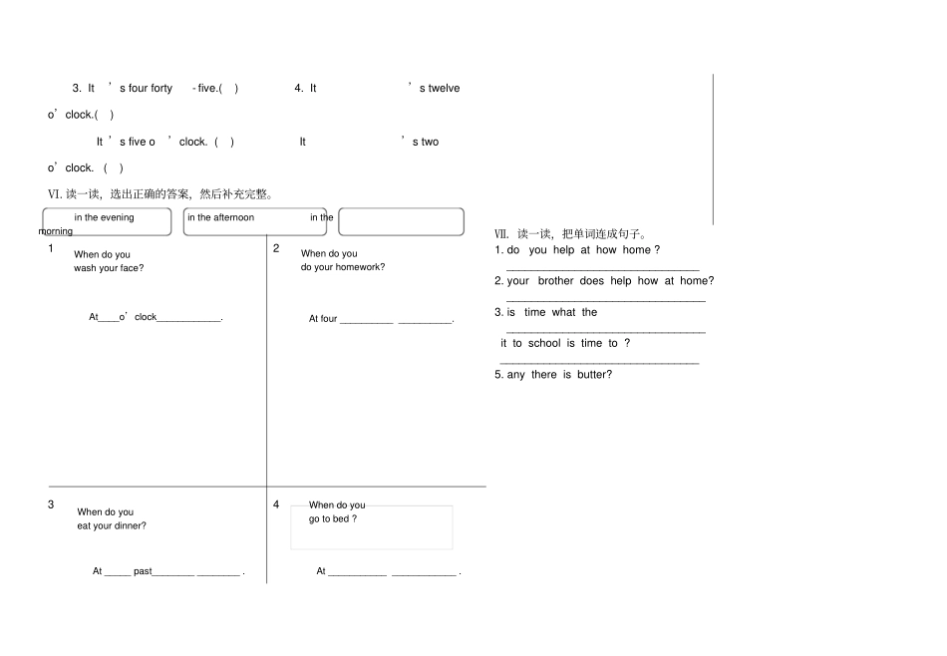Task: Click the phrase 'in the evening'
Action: coord(104,217)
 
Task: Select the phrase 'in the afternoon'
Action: coord(220,217)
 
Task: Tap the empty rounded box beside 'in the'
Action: coord(401,221)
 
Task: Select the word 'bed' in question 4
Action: coord(341,518)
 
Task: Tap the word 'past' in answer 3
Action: coord(143,571)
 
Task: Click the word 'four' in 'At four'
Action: coord(329,319)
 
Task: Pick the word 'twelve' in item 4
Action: coord(444,88)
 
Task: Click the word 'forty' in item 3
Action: coord(161,88)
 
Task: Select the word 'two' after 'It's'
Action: coord(430,142)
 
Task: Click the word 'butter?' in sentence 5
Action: coord(594,375)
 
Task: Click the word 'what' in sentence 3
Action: coord(563,312)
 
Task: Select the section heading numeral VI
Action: coord(55,194)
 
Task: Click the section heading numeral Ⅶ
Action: coord(501,234)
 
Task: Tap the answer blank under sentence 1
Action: coord(603,269)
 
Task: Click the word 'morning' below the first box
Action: coord(56,231)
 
